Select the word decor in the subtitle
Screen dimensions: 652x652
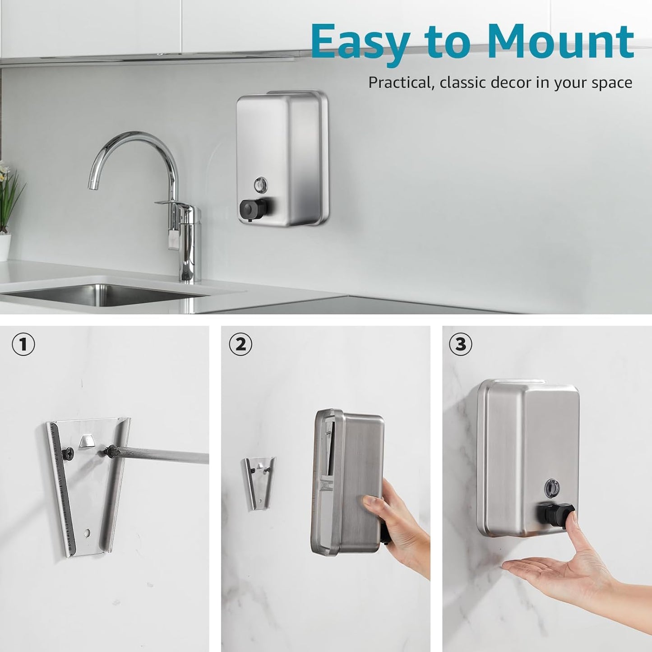point(505,83)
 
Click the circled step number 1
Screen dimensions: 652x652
point(23,345)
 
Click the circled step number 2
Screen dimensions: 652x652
point(240,345)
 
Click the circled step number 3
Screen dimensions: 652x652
point(460,345)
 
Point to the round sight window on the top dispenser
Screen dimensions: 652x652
point(261,183)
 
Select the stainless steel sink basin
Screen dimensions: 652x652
point(104,294)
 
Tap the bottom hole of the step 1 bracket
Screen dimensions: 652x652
point(87,532)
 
